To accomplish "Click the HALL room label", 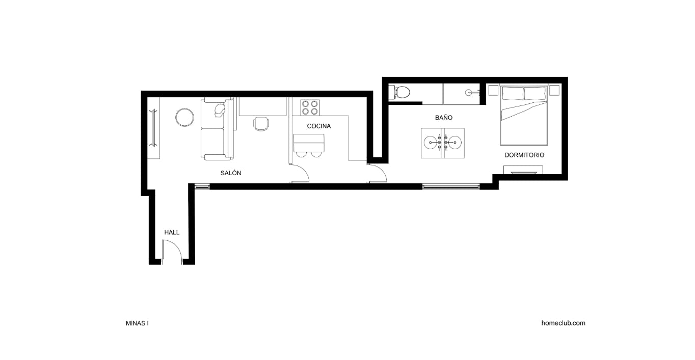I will click(x=172, y=232).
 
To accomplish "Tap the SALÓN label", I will click(x=231, y=173).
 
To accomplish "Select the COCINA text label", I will click(x=319, y=126).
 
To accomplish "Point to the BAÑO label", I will click(x=443, y=118).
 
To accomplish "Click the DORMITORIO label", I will click(x=524, y=155).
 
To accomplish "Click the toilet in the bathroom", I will click(x=400, y=92).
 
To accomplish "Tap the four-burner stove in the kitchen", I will click(x=309, y=107).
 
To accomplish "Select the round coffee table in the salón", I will click(x=184, y=118).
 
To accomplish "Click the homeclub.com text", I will click(x=563, y=323).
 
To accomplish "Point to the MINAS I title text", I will click(x=137, y=323).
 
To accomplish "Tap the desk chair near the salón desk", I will click(x=261, y=124).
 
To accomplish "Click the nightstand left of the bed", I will click(x=493, y=91).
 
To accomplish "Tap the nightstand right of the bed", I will click(x=554, y=91).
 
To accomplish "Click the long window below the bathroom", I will click(x=450, y=187).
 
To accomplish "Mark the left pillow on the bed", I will click(x=513, y=93).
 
